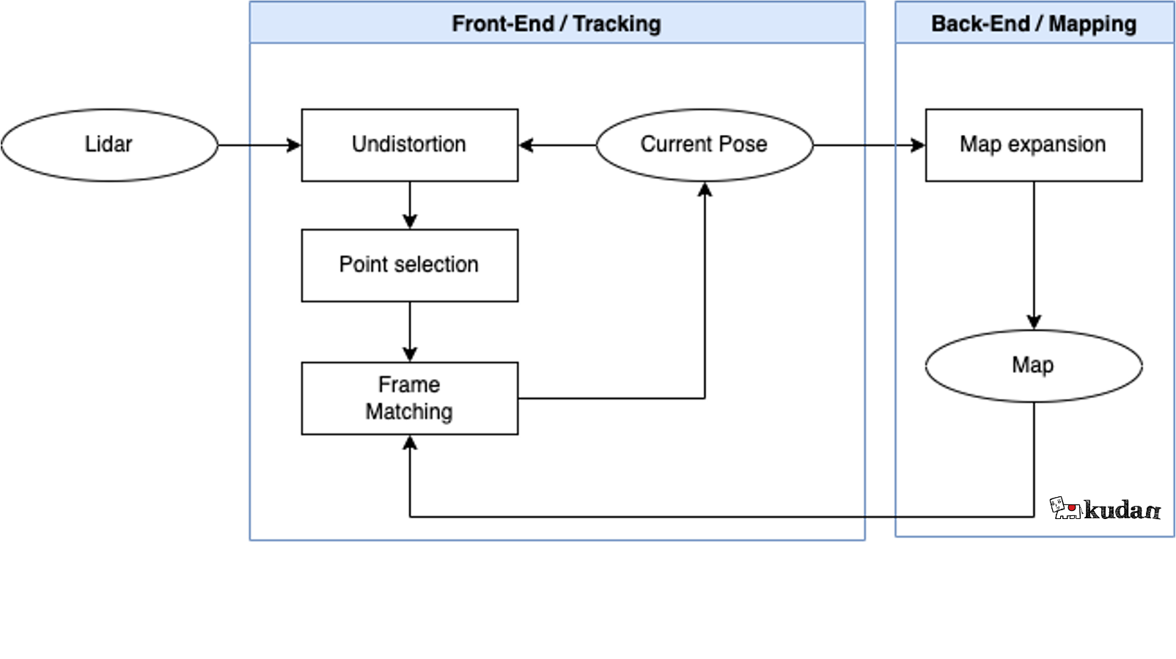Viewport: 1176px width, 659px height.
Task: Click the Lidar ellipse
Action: pyautogui.click(x=109, y=145)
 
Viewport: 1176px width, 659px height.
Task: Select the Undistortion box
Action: pyautogui.click(x=410, y=145)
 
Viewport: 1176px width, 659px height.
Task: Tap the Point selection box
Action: pyautogui.click(x=410, y=265)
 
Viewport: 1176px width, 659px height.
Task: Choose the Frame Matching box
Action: pyautogui.click(x=410, y=398)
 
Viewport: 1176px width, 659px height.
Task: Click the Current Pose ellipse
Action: pyautogui.click(x=705, y=145)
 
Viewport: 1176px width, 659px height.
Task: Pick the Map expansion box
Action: pyautogui.click(x=1034, y=145)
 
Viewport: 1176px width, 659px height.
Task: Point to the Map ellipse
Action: pyautogui.click(x=1034, y=366)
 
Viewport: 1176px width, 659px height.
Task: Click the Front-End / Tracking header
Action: pyautogui.click(x=557, y=23)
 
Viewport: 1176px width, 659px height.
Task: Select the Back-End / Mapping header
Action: pyautogui.click(x=1034, y=23)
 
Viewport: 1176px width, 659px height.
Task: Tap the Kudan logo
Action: pyautogui.click(x=1105, y=508)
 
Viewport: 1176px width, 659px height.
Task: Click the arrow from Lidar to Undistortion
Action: pyautogui.click(x=260, y=145)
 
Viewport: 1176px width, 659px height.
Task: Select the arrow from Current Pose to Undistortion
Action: pyautogui.click(x=557, y=145)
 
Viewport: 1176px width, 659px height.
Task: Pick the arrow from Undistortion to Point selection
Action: pyautogui.click(x=410, y=205)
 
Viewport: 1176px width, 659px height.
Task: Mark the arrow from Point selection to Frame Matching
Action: pyautogui.click(x=410, y=332)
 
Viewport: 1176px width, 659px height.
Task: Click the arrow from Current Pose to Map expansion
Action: pyautogui.click(x=870, y=145)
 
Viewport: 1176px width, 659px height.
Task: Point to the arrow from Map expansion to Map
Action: pyautogui.click(x=1034, y=256)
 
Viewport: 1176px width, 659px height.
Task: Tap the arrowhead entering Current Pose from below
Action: pyautogui.click(x=705, y=189)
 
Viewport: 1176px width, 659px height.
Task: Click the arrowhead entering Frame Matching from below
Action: pyautogui.click(x=410, y=442)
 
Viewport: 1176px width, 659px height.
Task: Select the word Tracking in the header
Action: pyautogui.click(x=617, y=23)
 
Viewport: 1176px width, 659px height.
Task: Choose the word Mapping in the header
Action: pyautogui.click(x=1092, y=23)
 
